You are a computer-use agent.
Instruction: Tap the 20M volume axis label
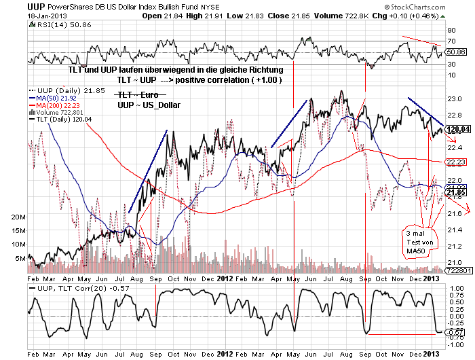17,215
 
